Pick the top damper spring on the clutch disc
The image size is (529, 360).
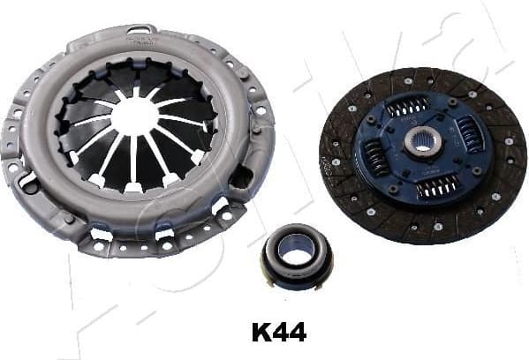point(407,106)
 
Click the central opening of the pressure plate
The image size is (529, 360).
point(134,116)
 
